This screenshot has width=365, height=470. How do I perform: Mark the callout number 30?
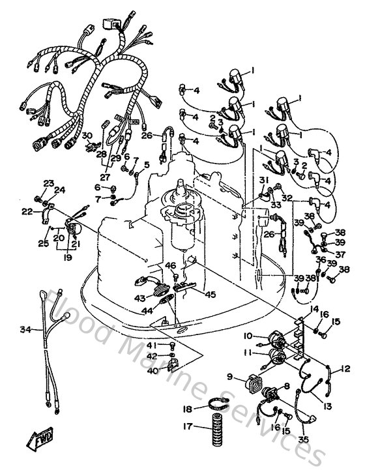click(85, 135)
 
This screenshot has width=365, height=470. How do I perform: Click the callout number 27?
click(105, 176)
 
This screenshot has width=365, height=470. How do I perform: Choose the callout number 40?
click(151, 372)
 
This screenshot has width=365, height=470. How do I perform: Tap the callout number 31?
click(263, 181)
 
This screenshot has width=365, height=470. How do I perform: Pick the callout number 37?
click(340, 256)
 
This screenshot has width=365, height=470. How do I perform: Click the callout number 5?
click(147, 164)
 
